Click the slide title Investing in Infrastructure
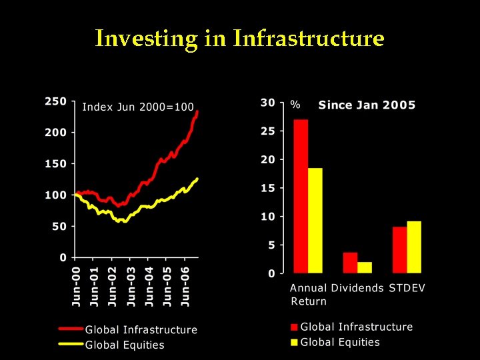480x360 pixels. click(x=239, y=38)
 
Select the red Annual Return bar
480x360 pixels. click(x=301, y=196)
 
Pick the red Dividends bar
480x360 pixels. click(x=350, y=263)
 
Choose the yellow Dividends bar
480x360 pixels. click(x=365, y=267)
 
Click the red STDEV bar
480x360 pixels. click(x=399, y=249)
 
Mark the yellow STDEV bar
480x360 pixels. click(x=414, y=247)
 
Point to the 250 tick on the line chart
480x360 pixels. click(x=55, y=101)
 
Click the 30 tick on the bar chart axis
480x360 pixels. click(x=267, y=103)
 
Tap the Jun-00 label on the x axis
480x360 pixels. click(x=77, y=287)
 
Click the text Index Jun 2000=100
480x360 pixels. click(x=138, y=107)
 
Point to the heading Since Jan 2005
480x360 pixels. click(x=367, y=105)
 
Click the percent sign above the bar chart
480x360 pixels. click(x=295, y=105)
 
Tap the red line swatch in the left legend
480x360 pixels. click(x=71, y=329)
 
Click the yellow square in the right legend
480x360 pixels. click(x=294, y=343)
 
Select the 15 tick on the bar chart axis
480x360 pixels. click(x=267, y=188)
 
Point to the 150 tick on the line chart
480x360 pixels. click(x=55, y=164)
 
